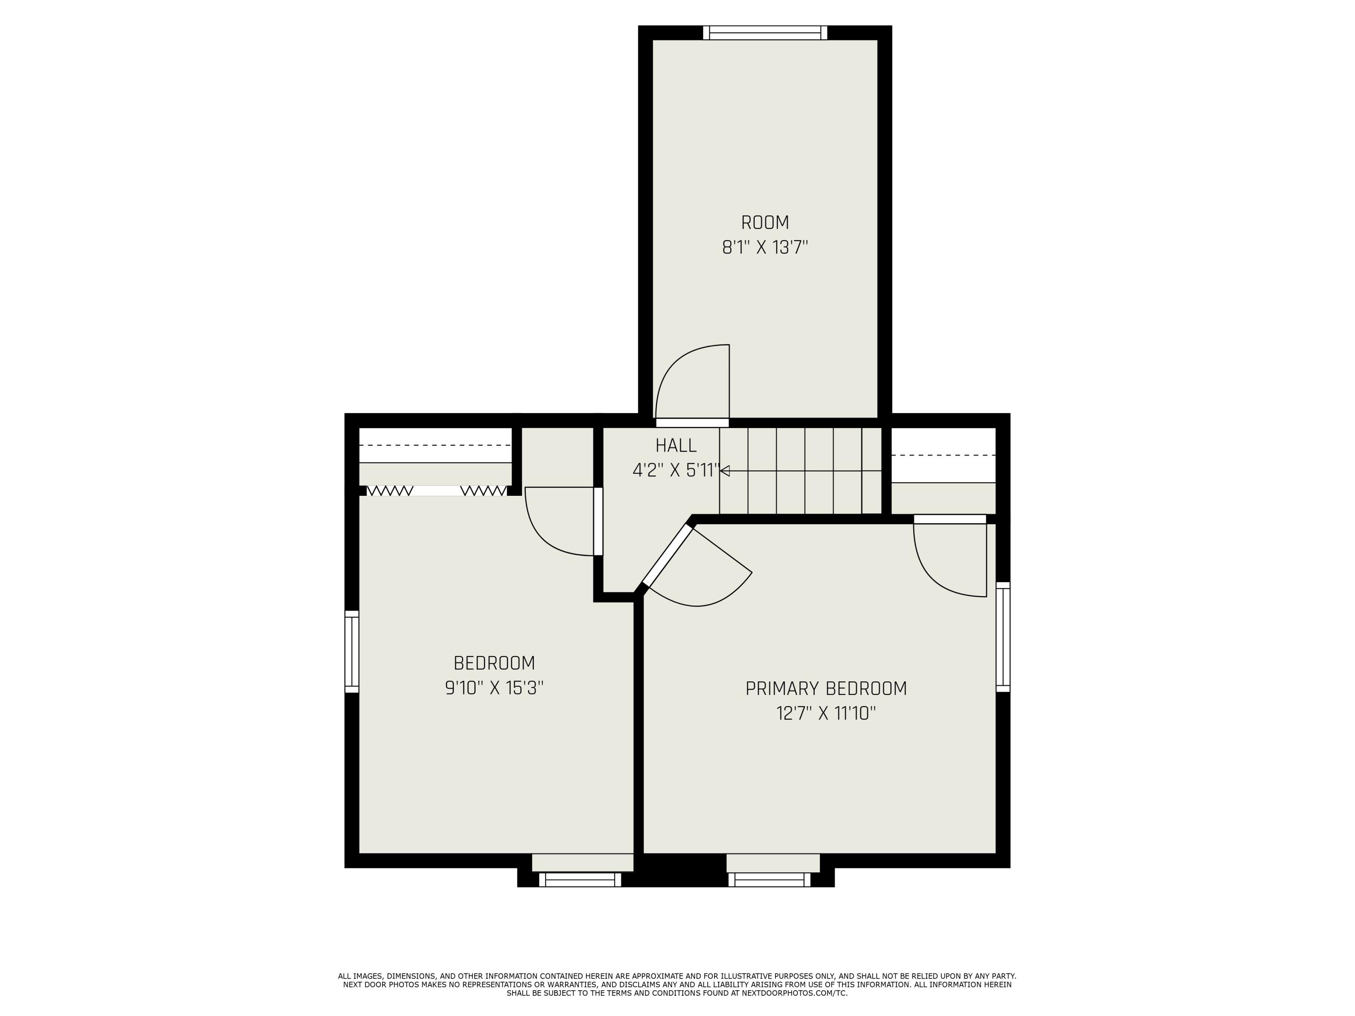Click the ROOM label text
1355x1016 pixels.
765,222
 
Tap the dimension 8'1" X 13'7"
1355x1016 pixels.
765,248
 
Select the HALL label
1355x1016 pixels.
676,445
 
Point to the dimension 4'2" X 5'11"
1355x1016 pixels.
676,471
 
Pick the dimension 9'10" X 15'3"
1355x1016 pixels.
494,688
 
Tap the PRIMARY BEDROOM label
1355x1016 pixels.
826,688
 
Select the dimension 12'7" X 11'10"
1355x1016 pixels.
826,713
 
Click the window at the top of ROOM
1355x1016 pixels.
765,33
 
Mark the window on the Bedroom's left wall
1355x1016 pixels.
351,652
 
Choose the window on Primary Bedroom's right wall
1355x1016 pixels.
1003,637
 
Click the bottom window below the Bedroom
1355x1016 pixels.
580,880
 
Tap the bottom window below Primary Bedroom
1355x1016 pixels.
769,880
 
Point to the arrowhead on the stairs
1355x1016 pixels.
724,471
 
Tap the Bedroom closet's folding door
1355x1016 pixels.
436,490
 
